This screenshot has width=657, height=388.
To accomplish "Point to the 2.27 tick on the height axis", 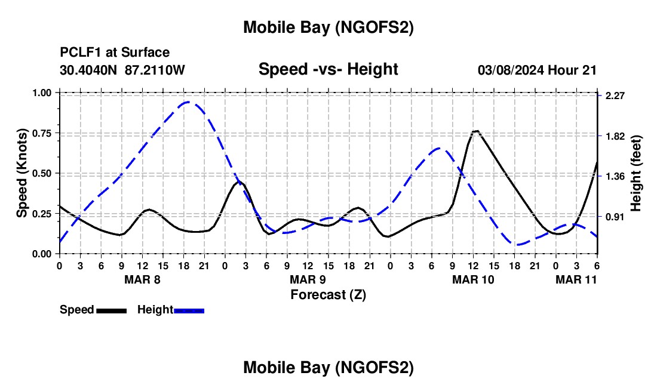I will click(x=615, y=96).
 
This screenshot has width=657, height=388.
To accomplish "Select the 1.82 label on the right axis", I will click(x=615, y=136).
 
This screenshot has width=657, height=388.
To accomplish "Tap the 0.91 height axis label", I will click(x=615, y=217).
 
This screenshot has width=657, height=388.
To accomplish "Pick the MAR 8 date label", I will click(x=142, y=279).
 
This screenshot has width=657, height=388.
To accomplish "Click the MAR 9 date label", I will click(x=308, y=279).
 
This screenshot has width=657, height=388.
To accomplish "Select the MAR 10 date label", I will click(x=473, y=279).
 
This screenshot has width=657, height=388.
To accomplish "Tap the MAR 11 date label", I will click(x=576, y=279).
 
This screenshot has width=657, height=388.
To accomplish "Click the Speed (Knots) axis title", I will click(x=22, y=173).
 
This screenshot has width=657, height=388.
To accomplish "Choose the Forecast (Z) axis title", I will click(x=328, y=294).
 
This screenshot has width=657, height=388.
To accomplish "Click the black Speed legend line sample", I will click(x=111, y=310).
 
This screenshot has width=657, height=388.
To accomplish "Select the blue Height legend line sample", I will click(x=189, y=310).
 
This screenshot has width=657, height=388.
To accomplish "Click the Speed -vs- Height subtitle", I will click(x=328, y=69).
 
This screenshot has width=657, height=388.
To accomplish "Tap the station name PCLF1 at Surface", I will click(x=114, y=53).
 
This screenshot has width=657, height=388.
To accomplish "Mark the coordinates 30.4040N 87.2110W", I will click(x=122, y=70).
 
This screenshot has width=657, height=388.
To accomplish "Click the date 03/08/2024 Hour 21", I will click(x=537, y=70).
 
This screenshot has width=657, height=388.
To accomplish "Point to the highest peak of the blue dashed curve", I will click(x=188, y=102).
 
